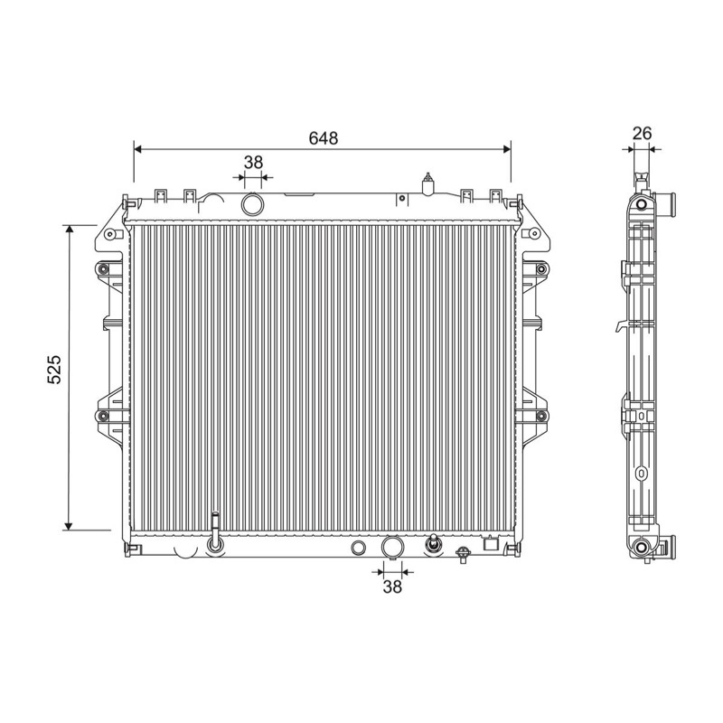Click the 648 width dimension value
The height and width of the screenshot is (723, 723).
point(324,138)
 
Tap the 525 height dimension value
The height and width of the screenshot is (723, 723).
point(54,370)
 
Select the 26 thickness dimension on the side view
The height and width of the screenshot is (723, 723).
point(642,134)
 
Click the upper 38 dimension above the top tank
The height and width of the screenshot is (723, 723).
point(253,163)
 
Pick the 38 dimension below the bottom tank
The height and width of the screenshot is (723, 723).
point(392,587)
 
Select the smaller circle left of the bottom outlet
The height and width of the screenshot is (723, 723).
point(359,548)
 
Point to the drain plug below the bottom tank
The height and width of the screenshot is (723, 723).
point(462,555)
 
